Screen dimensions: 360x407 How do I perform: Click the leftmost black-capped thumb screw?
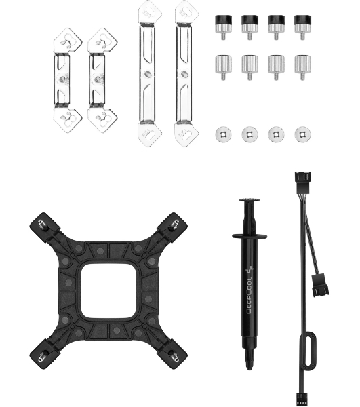[x=223, y=26]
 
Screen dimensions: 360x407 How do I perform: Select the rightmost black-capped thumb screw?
[x=302, y=26]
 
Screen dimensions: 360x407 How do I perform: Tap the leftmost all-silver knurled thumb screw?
[x=223, y=66]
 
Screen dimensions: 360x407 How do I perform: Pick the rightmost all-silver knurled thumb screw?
[x=302, y=66]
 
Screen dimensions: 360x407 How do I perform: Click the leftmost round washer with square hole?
[x=223, y=134]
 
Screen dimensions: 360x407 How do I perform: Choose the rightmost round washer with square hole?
[x=302, y=134]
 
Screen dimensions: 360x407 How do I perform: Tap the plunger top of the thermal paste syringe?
[x=249, y=200]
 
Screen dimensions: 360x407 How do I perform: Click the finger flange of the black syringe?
[x=249, y=236]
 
